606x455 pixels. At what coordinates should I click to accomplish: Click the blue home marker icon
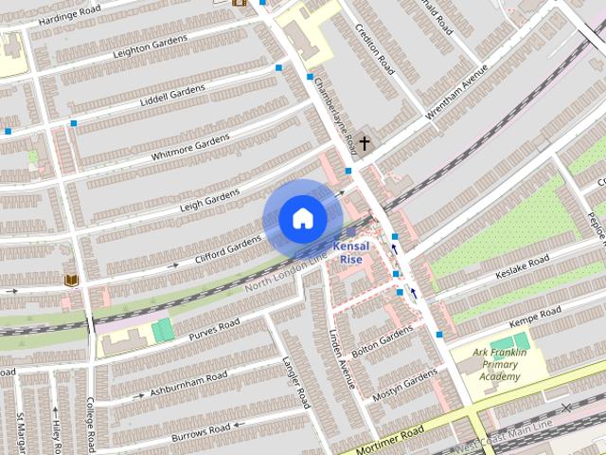pyautogui.click(x=302, y=218)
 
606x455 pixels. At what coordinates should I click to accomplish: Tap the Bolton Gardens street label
pyautogui.click(x=383, y=337)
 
